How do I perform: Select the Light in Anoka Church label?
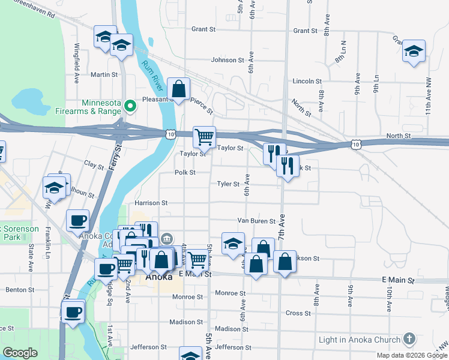(x=362, y=340)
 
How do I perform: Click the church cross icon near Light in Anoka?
(x=409, y=339)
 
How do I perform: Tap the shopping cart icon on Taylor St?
(x=204, y=137)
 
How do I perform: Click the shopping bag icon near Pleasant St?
(x=179, y=89)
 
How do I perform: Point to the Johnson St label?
(x=228, y=60)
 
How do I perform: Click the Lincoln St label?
(x=307, y=81)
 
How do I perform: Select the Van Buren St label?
(x=255, y=221)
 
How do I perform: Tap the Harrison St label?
(x=151, y=203)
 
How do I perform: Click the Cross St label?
(x=298, y=313)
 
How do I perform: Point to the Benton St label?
(x=20, y=289)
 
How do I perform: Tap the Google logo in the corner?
(x=20, y=353)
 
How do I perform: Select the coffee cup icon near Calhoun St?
(x=78, y=220)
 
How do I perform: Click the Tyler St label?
(x=228, y=184)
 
